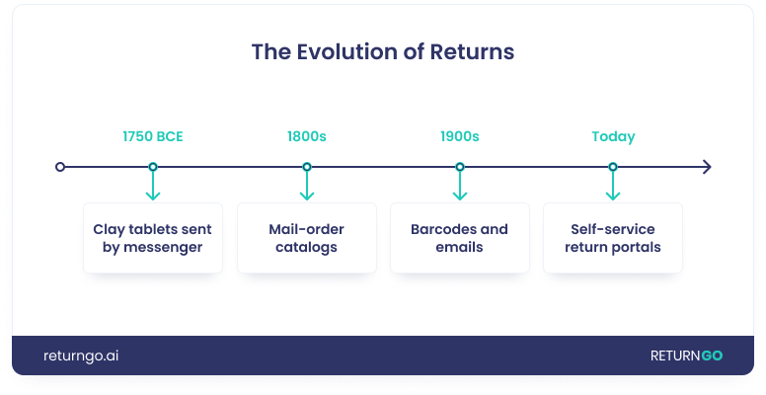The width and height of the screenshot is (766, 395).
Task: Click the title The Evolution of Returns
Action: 383,51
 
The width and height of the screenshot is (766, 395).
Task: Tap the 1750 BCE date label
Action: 152,137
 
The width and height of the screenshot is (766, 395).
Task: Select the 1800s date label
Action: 306,137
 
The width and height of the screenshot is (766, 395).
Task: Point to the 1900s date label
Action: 459,137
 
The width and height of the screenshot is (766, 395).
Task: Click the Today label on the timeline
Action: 613,137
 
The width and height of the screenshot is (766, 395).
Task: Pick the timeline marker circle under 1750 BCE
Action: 152,167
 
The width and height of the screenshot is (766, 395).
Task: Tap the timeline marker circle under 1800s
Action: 306,167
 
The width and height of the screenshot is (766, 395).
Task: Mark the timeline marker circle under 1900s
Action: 459,167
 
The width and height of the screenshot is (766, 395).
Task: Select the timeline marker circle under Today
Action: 613,167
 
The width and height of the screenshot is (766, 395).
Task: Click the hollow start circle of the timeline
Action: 60,167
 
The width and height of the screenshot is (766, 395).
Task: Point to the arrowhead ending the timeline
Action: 706,167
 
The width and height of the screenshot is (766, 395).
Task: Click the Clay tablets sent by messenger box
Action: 152,238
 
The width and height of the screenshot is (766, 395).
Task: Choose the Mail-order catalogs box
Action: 306,238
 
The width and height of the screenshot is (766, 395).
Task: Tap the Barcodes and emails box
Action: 459,238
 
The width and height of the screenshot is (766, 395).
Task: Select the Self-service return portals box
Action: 613,238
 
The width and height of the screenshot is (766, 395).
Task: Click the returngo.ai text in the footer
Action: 81,355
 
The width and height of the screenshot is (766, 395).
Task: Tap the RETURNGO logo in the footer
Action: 686,355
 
